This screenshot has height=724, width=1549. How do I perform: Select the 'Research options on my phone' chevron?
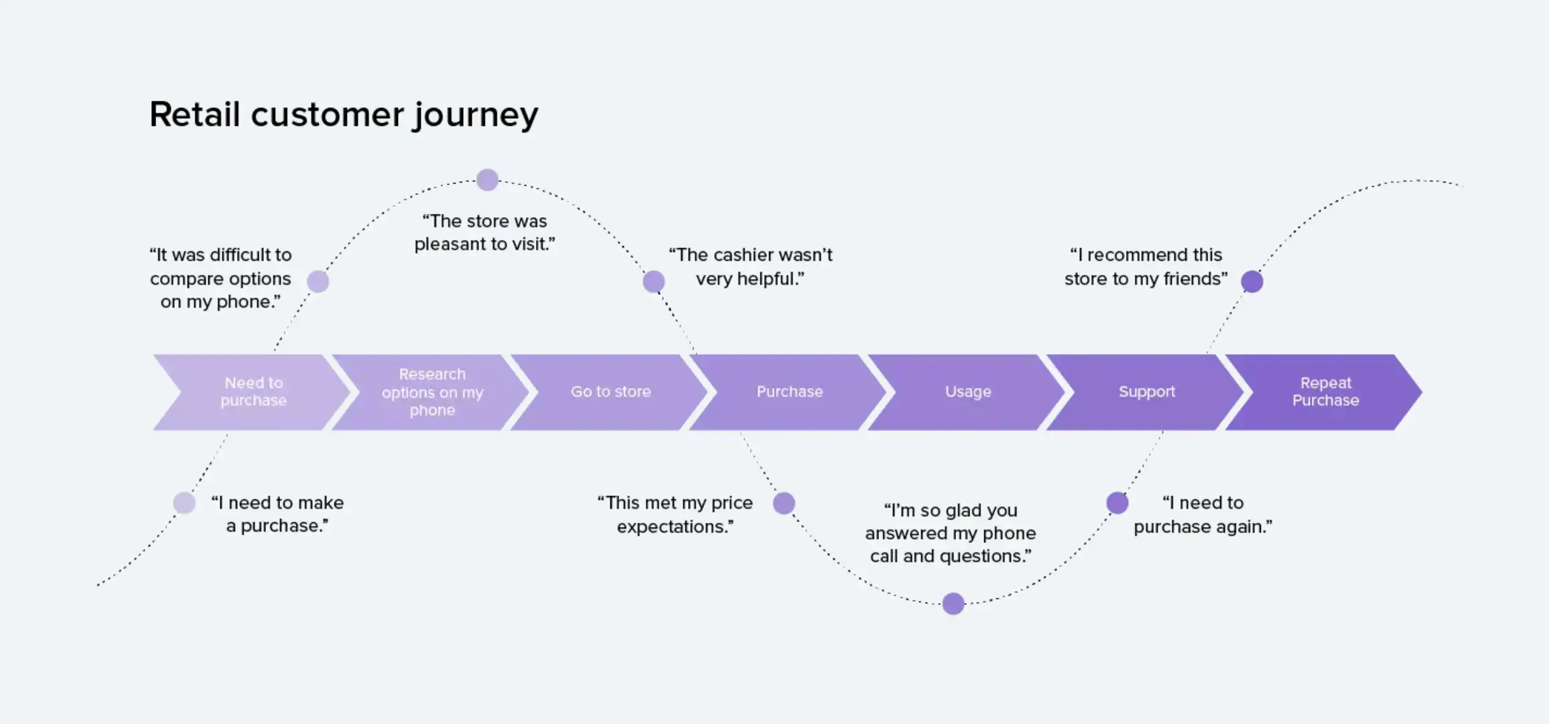pyautogui.click(x=432, y=392)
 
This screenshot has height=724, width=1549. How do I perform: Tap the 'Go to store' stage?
pyautogui.click(x=610, y=392)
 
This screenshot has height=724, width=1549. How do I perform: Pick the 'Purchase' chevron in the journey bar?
pyautogui.click(x=789, y=392)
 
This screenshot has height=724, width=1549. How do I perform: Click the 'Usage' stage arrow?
pyautogui.click(x=967, y=392)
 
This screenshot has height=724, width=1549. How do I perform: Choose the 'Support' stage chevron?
pyautogui.click(x=1146, y=392)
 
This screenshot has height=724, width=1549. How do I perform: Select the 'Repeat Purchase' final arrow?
pyautogui.click(x=1325, y=392)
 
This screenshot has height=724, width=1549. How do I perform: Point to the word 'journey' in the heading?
pyautogui.click(x=475, y=115)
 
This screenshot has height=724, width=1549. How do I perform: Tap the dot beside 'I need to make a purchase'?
pyautogui.click(x=184, y=503)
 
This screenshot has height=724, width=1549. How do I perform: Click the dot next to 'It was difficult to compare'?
pyautogui.click(x=318, y=282)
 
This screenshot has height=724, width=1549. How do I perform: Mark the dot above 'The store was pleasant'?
pyautogui.click(x=487, y=180)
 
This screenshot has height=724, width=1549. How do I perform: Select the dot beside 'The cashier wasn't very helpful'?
pyautogui.click(x=654, y=282)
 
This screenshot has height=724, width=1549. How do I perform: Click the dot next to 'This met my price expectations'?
pyautogui.click(x=784, y=503)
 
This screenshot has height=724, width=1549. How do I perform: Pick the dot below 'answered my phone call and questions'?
pyautogui.click(x=953, y=603)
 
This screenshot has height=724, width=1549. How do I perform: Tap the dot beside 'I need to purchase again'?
pyautogui.click(x=1117, y=503)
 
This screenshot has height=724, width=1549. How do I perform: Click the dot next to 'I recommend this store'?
pyautogui.click(x=1252, y=282)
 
